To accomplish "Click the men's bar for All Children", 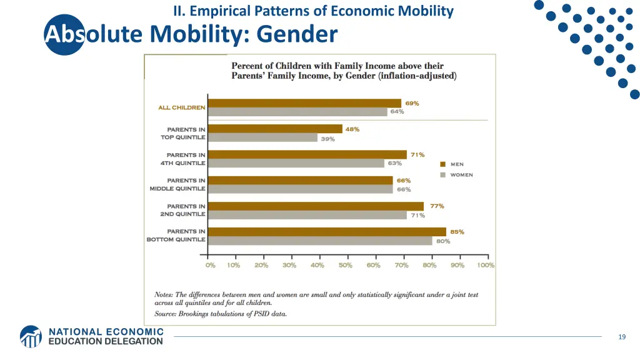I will point(304,103).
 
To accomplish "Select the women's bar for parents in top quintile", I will point(262,138).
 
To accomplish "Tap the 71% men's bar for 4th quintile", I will point(307,154).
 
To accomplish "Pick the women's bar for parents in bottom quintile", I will point(319,241).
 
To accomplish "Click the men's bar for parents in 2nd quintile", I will point(316,206).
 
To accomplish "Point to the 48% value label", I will point(352,129).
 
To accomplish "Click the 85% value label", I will point(457,232).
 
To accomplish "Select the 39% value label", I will point(327,139).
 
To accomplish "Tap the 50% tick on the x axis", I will point(346,265).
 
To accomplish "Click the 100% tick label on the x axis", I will point(486,265).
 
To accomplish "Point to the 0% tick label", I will point(211,265).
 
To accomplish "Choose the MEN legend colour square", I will point(442,164).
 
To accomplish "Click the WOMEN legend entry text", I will point(462,175).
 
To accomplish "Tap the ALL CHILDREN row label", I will point(181,107).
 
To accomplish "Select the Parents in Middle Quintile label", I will point(177,184).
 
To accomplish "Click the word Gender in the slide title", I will point(297,33).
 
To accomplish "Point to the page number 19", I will point(621,337).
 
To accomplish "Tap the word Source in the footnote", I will point(166,314).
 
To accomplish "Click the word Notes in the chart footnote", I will point(164,294).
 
